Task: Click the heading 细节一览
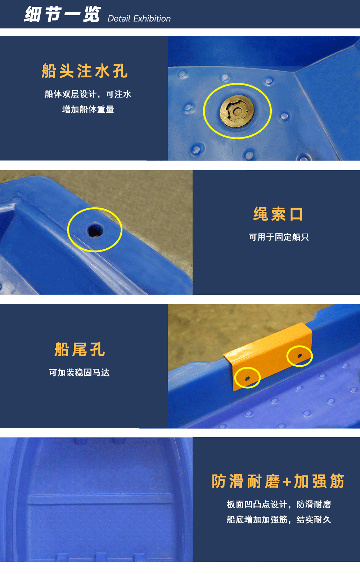[62, 14]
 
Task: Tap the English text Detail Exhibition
[139, 18]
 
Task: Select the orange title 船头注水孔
[84, 71]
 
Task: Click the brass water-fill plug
[237, 111]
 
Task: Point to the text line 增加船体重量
[88, 109]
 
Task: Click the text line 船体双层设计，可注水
[88, 94]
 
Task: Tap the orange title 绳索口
[279, 214]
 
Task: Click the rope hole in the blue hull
[95, 230]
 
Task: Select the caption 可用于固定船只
[279, 237]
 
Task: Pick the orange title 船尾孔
[80, 349]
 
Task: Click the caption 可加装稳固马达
[79, 372]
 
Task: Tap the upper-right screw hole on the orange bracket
[299, 356]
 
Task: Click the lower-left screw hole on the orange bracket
[247, 378]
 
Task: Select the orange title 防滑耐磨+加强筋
[278, 481]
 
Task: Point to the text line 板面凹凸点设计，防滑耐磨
[279, 504]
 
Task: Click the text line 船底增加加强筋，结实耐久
[279, 519]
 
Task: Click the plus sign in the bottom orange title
[287, 482]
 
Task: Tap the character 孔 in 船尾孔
[98, 349]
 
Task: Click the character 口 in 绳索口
[296, 214]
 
